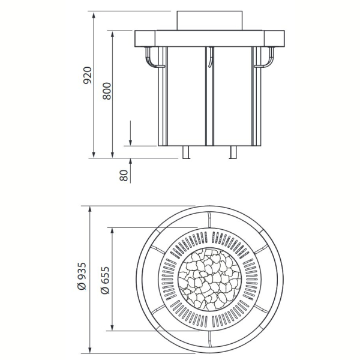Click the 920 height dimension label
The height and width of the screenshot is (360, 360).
tap(88, 76)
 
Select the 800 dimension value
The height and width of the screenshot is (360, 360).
tap(107, 91)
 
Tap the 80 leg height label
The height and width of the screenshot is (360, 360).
tap(124, 175)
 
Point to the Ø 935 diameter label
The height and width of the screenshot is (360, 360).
tap(82, 276)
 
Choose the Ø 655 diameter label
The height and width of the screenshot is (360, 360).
tap(106, 280)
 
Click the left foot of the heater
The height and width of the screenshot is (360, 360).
tap(186, 152)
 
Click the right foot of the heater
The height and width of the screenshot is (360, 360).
tap(233, 152)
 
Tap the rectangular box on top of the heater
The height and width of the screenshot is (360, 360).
tap(209, 20)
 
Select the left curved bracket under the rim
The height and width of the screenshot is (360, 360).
tap(152, 58)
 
